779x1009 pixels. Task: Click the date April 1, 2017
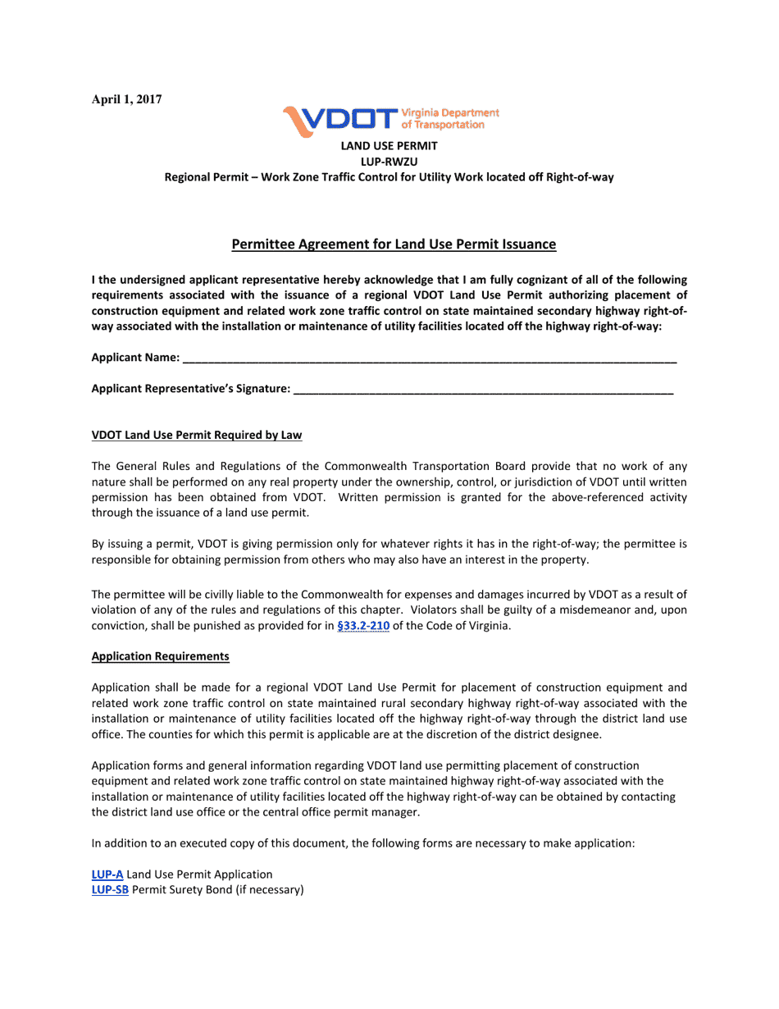click(x=126, y=99)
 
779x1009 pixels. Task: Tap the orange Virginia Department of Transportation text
click(x=449, y=118)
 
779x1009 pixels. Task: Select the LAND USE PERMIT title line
click(x=389, y=146)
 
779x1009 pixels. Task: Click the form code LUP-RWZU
click(x=389, y=162)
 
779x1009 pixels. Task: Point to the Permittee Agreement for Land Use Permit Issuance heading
click(x=394, y=244)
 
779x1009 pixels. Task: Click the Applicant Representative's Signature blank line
click(x=483, y=390)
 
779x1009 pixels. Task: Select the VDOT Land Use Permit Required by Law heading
click(x=197, y=436)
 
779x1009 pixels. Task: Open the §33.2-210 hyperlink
click(x=363, y=626)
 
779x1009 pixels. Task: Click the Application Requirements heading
click(x=160, y=657)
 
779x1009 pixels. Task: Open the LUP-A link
click(x=107, y=874)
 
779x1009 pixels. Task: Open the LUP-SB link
click(x=110, y=890)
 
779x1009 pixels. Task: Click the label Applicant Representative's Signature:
click(x=190, y=390)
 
